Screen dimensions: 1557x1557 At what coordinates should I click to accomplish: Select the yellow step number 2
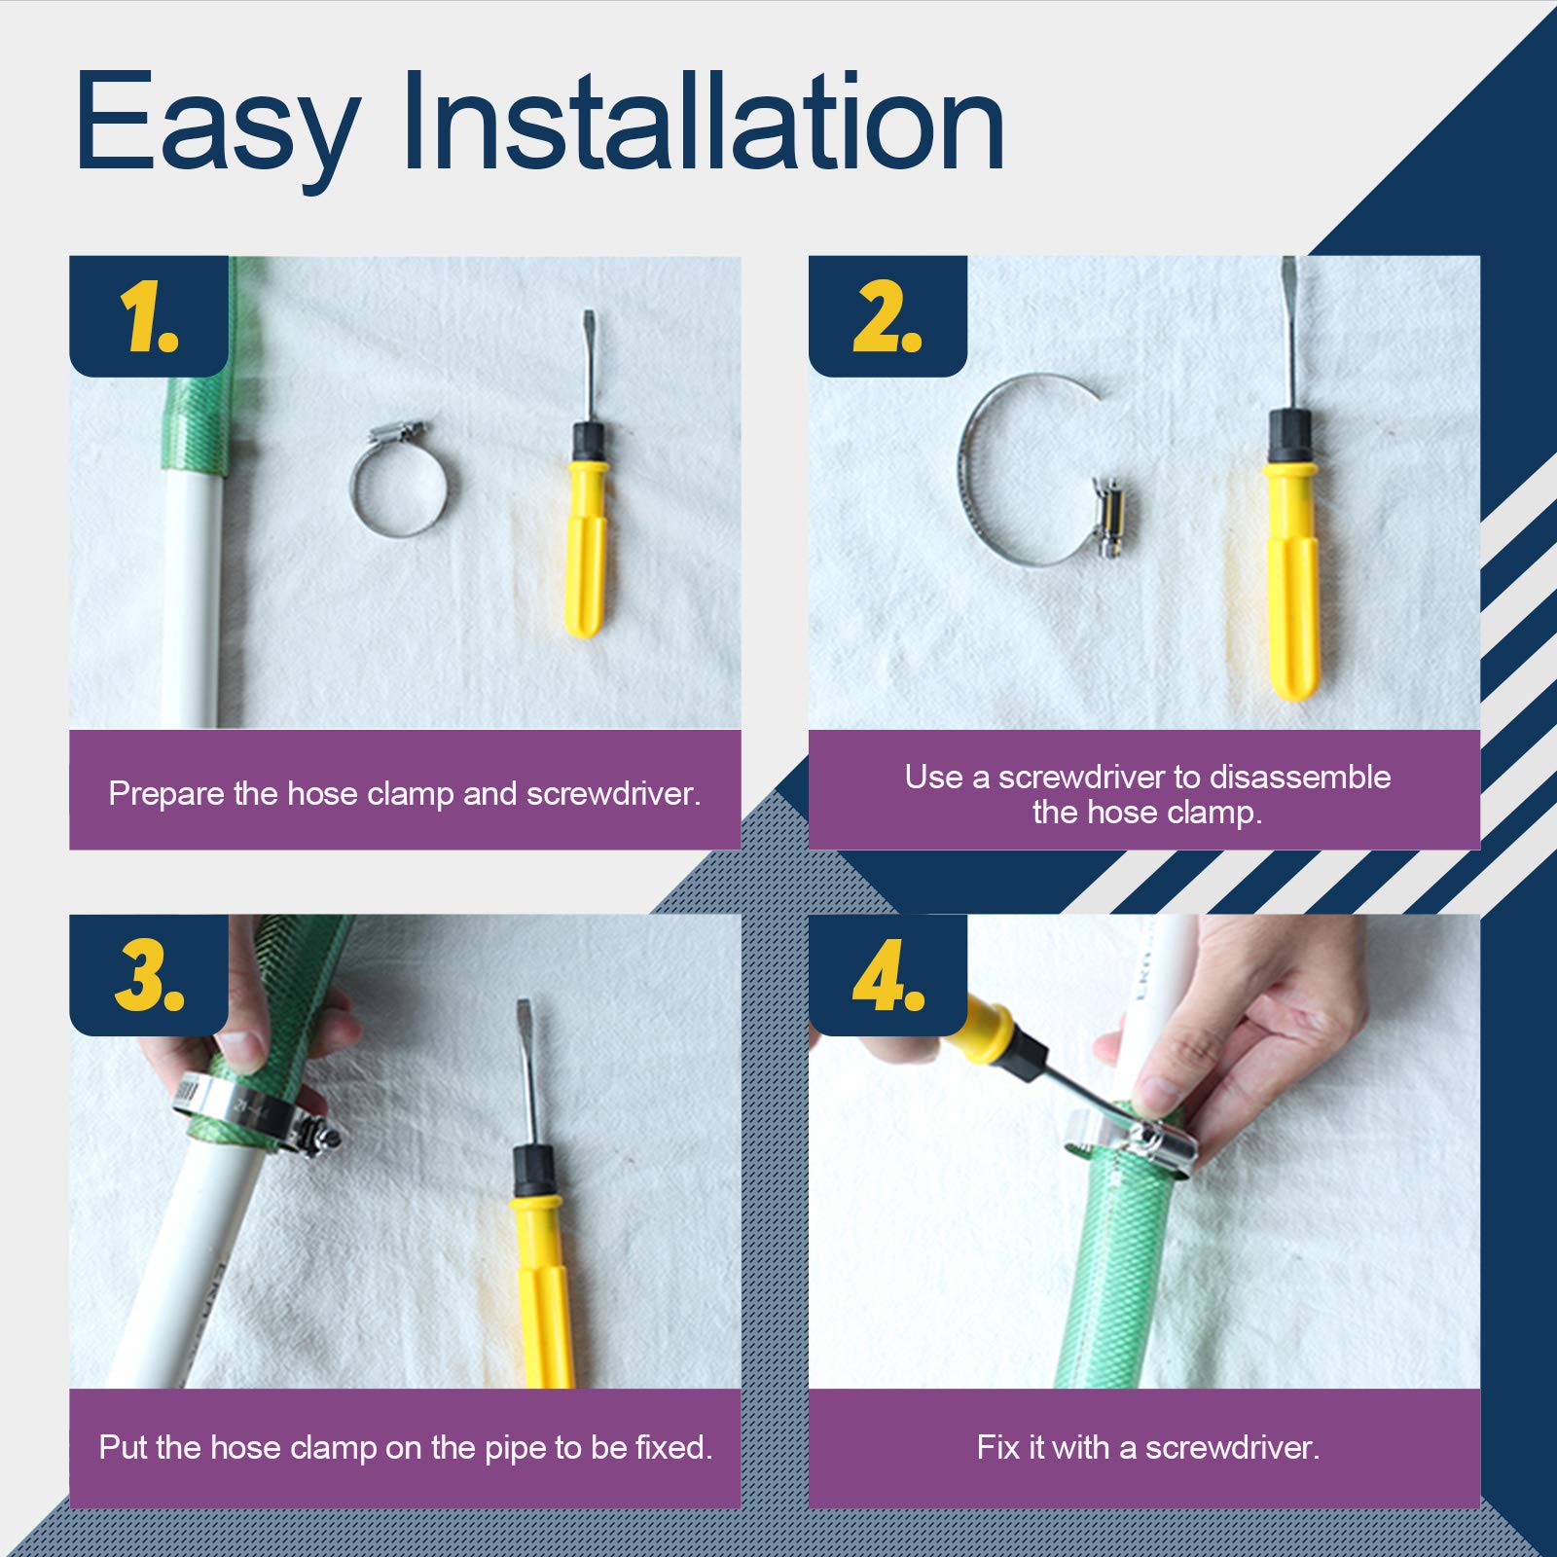(x=887, y=316)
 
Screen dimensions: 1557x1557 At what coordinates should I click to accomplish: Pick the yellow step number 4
(x=888, y=975)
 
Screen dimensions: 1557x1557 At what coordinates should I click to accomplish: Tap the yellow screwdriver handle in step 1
(x=586, y=550)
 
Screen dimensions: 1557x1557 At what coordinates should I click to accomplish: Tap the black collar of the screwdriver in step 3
(x=534, y=1173)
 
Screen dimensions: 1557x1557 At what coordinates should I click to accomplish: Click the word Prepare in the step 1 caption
(x=166, y=794)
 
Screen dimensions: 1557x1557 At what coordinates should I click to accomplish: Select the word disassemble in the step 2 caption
(x=1300, y=777)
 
